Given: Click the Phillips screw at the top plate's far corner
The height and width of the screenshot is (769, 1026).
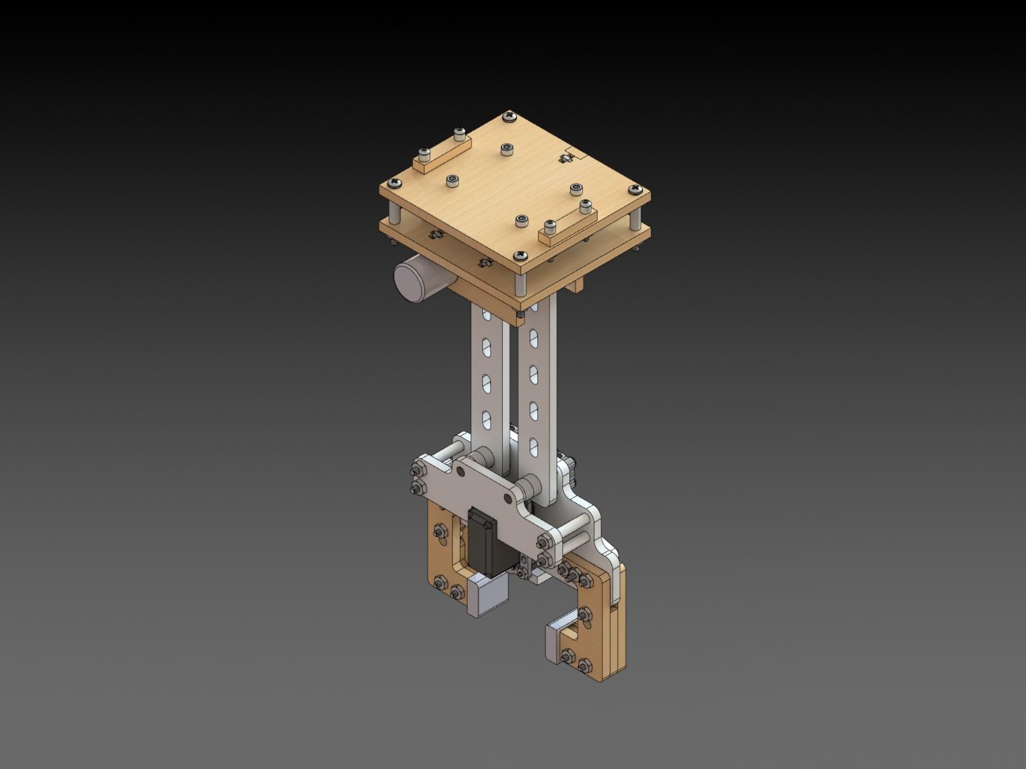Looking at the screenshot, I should click(509, 117).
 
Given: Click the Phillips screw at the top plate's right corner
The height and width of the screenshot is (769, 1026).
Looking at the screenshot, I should click(635, 189).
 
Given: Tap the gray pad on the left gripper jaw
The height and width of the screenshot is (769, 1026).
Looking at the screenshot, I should click(487, 596).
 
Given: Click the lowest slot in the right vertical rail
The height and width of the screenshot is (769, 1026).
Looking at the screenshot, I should click(534, 445).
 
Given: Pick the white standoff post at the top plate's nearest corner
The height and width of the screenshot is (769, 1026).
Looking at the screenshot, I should click(519, 278).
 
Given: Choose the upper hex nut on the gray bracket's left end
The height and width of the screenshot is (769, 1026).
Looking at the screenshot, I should click(414, 473).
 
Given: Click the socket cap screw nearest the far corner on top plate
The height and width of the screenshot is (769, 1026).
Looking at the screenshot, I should click(507, 149).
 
